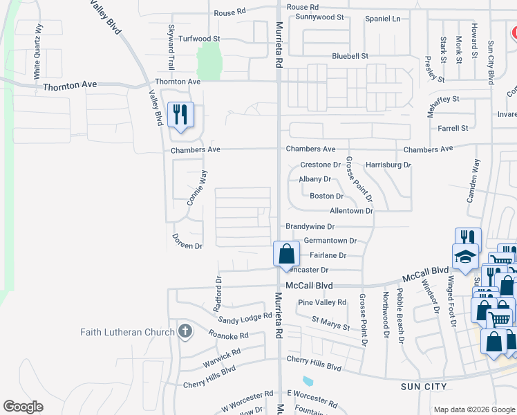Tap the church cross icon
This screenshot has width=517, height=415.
185,331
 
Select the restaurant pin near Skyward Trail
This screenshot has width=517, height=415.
181,115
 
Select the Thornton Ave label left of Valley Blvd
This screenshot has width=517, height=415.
70,86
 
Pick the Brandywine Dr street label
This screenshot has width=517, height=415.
310,227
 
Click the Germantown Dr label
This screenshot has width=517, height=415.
330,241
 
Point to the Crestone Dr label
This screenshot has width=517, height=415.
321,165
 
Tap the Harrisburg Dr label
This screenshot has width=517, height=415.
388,165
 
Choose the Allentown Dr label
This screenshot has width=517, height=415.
352,210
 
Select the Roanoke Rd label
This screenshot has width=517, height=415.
228,334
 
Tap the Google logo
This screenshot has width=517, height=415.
23,407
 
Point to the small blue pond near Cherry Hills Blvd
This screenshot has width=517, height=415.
307,380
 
